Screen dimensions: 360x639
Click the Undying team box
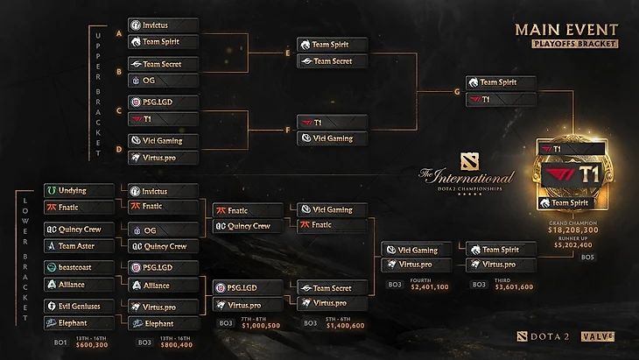79,190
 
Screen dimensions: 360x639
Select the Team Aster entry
79,246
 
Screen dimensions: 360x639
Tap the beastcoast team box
79,266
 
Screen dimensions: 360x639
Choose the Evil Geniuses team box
79,306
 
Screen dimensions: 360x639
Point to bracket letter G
457,90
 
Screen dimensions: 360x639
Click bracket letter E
288,52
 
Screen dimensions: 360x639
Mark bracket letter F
288,130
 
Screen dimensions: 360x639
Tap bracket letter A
119,32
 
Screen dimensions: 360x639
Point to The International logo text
467,177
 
